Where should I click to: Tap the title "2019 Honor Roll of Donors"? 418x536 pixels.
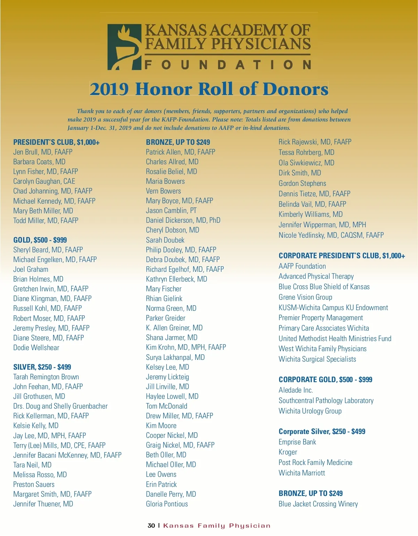[x=209, y=89]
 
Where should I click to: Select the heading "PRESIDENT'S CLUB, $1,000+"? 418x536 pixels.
[x=56, y=142]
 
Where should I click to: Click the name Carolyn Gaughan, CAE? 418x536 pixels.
[x=44, y=181]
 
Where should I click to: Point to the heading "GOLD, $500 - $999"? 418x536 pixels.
[x=40, y=240]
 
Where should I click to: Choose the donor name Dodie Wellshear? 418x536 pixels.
[x=36, y=348]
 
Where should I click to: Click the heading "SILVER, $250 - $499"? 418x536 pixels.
[x=42, y=367]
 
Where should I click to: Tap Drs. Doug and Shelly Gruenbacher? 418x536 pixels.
[x=60, y=406]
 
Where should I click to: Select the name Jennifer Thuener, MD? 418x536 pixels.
[x=43, y=504]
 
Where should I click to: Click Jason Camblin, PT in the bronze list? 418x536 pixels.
[x=171, y=211]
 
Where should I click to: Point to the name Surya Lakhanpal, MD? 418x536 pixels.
[x=175, y=357]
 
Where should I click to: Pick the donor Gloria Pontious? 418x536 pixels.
[x=167, y=504]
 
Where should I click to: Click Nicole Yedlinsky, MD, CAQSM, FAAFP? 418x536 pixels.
[x=331, y=235]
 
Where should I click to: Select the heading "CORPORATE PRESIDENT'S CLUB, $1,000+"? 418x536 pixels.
[x=342, y=256]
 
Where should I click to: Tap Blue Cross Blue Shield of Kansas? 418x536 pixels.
[x=324, y=287]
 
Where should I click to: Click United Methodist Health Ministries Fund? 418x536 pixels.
[x=335, y=339]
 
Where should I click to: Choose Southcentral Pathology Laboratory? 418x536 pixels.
[x=326, y=401]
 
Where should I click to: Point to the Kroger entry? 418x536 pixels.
[x=288, y=452]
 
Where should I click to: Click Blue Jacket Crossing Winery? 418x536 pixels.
[x=318, y=504]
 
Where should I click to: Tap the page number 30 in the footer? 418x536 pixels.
[x=151, y=526]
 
